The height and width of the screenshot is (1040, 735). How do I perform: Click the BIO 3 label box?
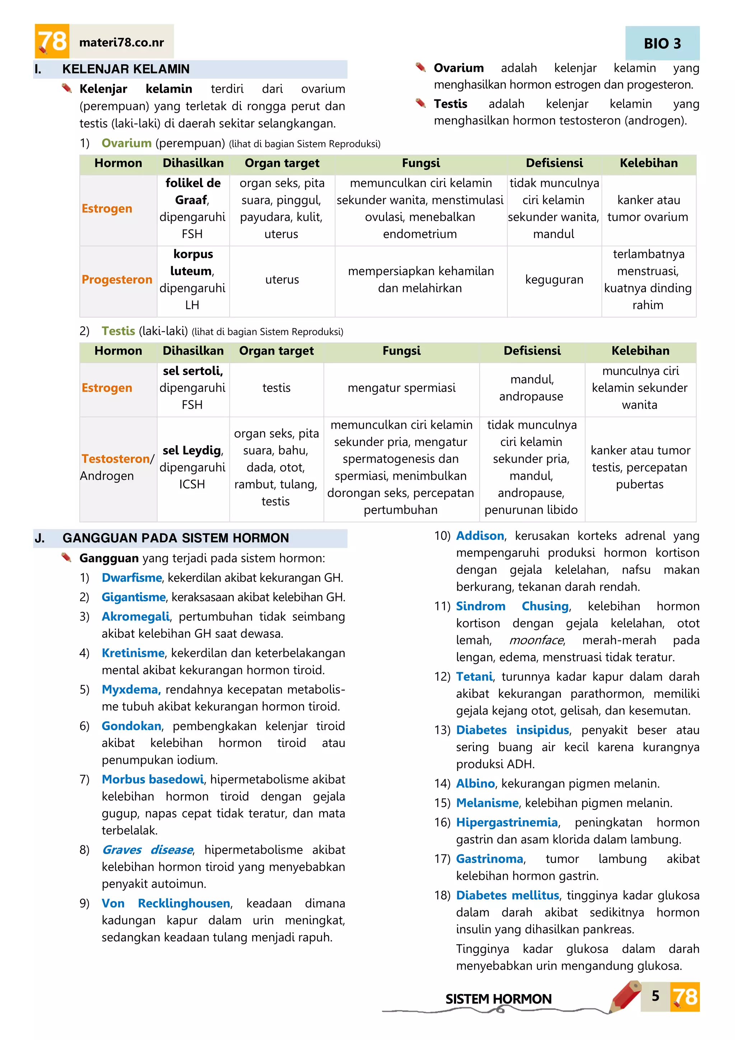point(662,43)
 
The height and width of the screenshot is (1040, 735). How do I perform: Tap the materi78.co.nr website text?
point(121,43)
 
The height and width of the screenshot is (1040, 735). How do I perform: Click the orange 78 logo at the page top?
point(52,41)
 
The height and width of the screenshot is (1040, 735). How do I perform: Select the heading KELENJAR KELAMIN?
point(126,69)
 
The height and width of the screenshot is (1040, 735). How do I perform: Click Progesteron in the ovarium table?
point(117,279)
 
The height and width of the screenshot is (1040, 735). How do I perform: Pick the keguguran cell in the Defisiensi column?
point(554,279)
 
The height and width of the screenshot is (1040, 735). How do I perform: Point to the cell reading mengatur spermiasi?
point(402,388)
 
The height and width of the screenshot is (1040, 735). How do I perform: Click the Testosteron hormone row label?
point(116,459)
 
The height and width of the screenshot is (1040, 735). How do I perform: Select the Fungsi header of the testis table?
point(402,350)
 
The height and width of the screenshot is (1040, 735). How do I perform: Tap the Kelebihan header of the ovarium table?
point(649,163)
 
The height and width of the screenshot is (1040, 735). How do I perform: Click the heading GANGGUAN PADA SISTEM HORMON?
point(175,538)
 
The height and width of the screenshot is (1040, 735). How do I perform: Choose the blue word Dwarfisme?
point(132,577)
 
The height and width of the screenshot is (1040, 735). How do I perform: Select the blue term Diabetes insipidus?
point(512,730)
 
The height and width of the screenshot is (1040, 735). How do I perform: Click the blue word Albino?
point(475,783)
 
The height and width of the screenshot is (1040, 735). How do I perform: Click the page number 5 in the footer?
point(655,995)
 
